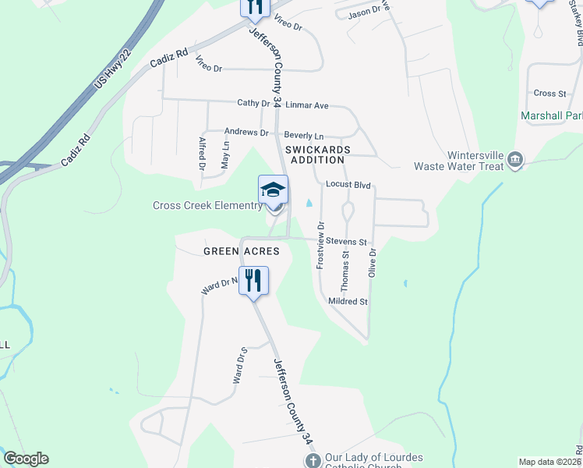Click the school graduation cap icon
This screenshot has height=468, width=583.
(273, 190)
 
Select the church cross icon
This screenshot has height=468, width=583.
(311, 460)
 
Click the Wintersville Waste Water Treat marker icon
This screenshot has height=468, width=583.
(514, 160)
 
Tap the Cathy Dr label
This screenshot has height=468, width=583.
(253, 103)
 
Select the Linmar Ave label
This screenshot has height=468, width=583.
(307, 105)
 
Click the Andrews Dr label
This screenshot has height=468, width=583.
(246, 133)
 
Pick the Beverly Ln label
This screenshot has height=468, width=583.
(303, 135)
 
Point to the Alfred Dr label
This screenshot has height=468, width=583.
(202, 154)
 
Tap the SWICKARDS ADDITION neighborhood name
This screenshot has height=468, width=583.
(317, 154)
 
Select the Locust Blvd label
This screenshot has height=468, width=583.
(348, 185)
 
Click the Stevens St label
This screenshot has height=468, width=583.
(346, 242)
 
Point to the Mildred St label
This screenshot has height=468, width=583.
(348, 301)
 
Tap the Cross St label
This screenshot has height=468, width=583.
(549, 93)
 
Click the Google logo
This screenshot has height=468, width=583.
(26, 459)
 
